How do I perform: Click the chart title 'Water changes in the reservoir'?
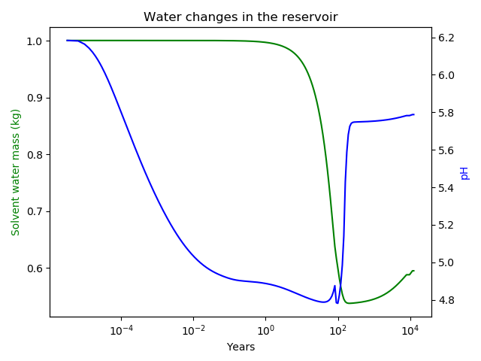[240, 17]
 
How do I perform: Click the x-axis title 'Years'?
[240, 347]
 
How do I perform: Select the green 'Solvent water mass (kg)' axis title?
[16, 171]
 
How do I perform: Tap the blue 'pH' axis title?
[464, 173]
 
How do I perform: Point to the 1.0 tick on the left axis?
[35, 41]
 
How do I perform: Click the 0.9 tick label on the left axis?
[35, 98]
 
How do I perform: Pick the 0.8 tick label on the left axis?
[35, 154]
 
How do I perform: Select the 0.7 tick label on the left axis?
[35, 211]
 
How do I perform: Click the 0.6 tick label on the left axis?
[35, 268]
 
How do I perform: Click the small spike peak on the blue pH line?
[334, 286]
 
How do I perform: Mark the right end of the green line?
[413, 271]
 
